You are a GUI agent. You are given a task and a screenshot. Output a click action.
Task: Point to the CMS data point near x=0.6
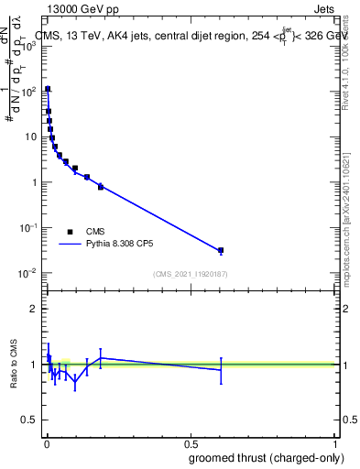(x=221, y=250)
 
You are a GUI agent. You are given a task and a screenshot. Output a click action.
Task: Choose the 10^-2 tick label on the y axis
(x=28, y=273)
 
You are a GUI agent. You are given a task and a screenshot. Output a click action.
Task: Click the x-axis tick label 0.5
(x=190, y=443)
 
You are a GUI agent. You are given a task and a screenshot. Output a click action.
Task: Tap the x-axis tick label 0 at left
(x=46, y=443)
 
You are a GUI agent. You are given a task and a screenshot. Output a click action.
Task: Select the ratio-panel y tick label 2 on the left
(x=34, y=309)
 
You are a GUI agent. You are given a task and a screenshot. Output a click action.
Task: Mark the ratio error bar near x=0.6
(x=221, y=370)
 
